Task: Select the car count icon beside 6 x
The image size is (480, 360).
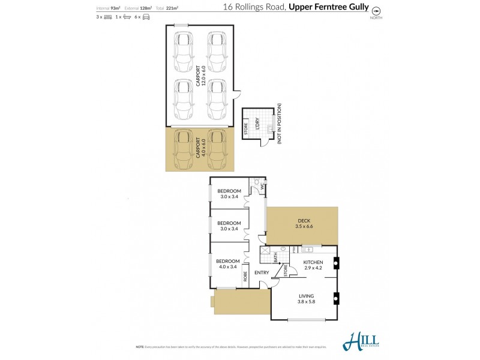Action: (145, 17)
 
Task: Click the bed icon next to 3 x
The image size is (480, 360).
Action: (108, 17)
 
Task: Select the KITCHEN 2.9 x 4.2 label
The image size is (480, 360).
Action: (313, 265)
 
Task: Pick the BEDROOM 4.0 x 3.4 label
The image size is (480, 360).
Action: (227, 264)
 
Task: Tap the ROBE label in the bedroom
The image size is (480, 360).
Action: (245, 277)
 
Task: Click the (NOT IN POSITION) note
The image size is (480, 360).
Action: (279, 124)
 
